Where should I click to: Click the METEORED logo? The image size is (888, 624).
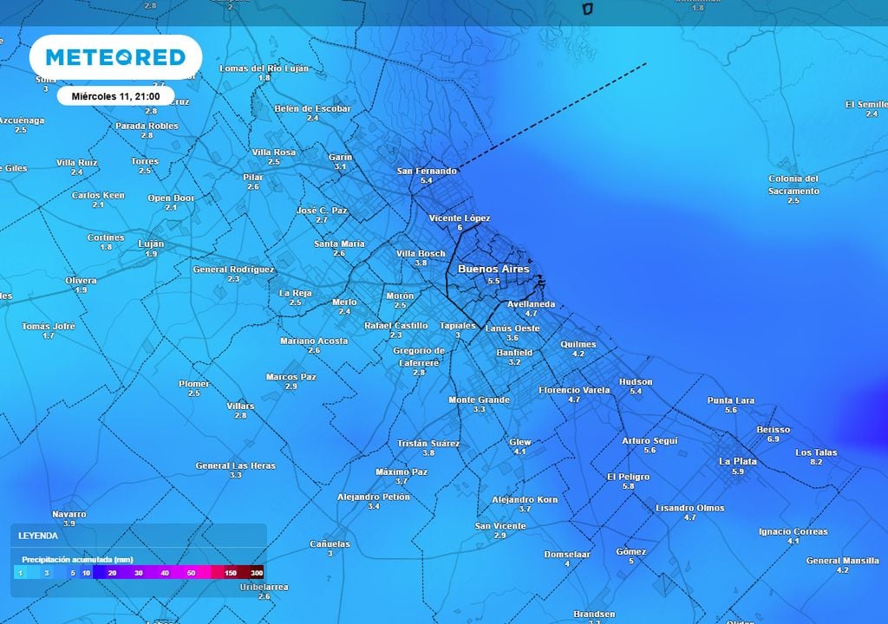click(115, 57)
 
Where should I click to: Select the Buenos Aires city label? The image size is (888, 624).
click(493, 270)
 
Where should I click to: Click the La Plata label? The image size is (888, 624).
click(737, 461)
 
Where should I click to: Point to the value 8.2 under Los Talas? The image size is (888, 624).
click(815, 462)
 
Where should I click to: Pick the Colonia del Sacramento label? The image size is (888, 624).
click(793, 185)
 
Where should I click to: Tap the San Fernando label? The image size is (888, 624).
click(426, 171)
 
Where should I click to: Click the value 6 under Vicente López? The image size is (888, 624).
click(460, 228)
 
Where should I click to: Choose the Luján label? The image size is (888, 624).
click(151, 244)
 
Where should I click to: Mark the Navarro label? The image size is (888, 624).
click(69, 514)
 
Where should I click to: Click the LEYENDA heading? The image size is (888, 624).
click(38, 536)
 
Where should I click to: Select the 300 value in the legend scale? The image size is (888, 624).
click(257, 573)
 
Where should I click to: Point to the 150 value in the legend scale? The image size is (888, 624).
click(231, 573)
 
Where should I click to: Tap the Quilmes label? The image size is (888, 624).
click(578, 344)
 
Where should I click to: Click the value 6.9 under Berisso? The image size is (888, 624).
click(773, 439)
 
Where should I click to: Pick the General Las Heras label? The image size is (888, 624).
click(235, 465)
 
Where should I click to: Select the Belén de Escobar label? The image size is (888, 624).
click(312, 108)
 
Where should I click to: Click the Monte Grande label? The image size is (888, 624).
click(479, 400)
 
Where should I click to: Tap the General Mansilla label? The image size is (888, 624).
click(842, 560)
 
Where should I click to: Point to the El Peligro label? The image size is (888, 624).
click(628, 477)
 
